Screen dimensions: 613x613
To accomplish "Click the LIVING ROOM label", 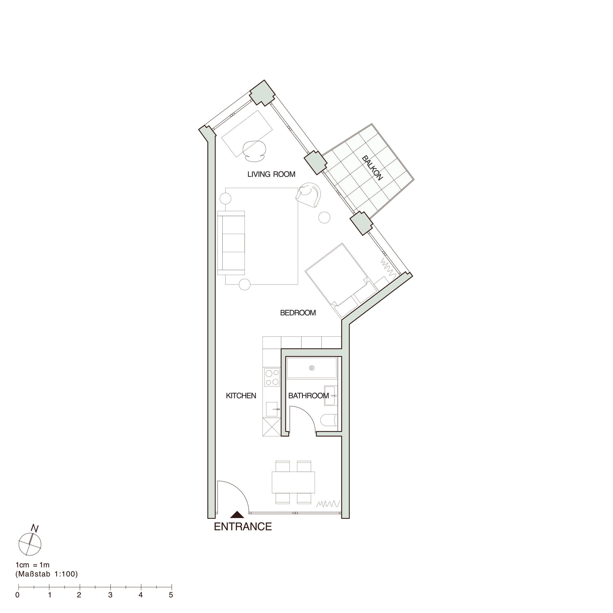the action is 271,174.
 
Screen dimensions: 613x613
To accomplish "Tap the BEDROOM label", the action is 298,313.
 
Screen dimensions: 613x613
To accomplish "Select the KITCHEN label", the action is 241,396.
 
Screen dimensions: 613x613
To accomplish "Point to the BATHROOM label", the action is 308,396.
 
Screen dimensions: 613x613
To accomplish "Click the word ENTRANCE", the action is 243,526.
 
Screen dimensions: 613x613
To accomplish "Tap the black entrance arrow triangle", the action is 237,515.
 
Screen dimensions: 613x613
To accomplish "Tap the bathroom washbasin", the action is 330,396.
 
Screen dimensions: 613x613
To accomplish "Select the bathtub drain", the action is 312,368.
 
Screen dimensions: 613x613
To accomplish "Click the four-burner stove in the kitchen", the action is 272,377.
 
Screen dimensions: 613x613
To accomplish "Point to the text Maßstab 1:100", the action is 47,574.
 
